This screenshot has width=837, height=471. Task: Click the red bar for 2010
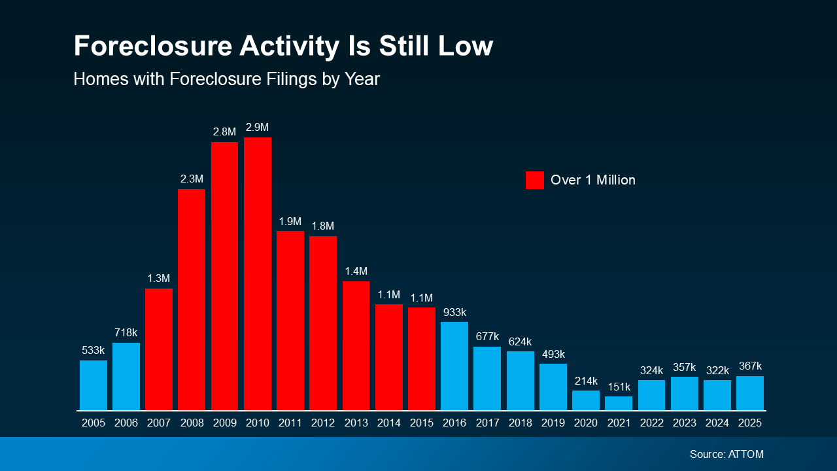pos(258,273)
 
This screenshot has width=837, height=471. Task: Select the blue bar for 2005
pos(94,385)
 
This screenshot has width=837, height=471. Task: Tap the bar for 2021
pos(619,403)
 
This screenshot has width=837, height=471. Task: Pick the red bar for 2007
pos(159,349)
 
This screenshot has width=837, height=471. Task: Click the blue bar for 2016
pos(454,366)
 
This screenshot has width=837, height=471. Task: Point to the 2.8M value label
pos(224,132)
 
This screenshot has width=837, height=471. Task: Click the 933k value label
pos(454,312)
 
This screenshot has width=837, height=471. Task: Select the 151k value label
pos(619,387)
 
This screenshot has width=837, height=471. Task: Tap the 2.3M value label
pos(192,179)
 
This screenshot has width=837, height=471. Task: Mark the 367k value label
pos(750,366)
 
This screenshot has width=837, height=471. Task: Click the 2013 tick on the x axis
pos(356,423)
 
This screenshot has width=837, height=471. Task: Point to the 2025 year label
pos(750,423)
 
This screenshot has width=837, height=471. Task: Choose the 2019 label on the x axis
pos(553,423)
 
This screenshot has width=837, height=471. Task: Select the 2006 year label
pos(126,423)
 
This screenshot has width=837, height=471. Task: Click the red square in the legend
pos(534,180)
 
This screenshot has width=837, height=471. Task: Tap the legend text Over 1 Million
pos(592,180)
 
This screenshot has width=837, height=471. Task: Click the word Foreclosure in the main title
pos(152,46)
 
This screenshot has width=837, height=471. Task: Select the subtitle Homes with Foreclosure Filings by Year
pos(226,79)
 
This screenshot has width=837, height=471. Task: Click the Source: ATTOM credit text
pos(726,454)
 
